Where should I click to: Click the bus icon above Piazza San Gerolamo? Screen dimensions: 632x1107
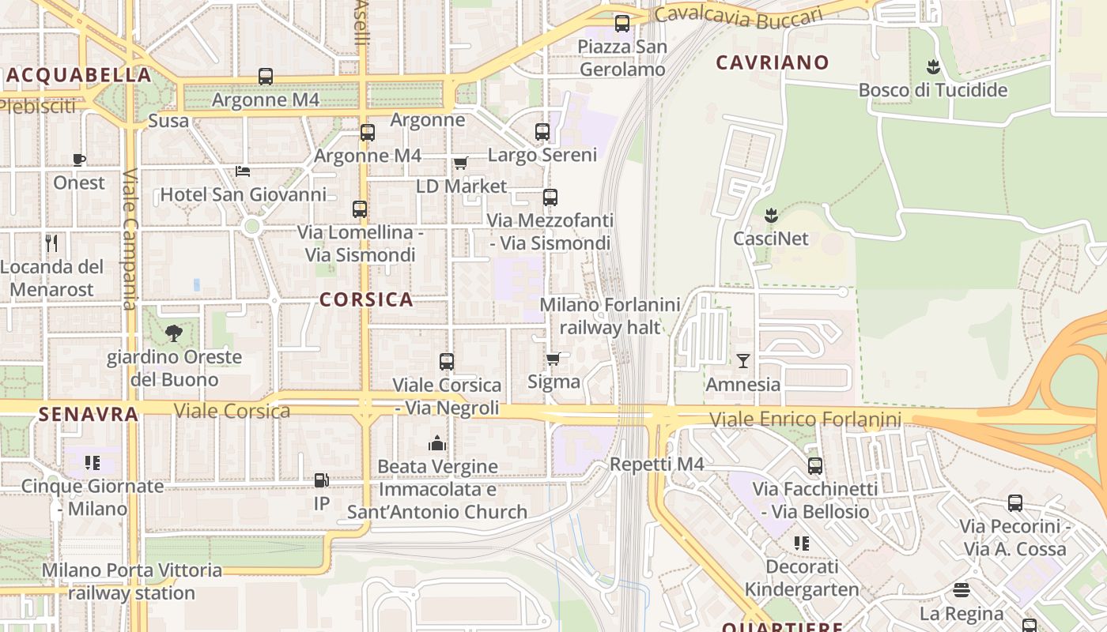click(x=622, y=24)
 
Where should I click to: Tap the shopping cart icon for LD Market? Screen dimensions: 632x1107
click(x=460, y=163)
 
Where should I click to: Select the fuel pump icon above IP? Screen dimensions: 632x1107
click(x=322, y=480)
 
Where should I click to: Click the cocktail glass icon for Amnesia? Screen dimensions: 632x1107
click(x=742, y=361)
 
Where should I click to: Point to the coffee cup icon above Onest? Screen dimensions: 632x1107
click(x=79, y=160)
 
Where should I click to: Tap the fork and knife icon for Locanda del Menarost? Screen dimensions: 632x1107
click(x=52, y=243)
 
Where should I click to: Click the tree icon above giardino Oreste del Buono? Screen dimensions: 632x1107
click(x=174, y=333)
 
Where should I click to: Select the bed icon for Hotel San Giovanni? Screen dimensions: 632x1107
click(x=243, y=171)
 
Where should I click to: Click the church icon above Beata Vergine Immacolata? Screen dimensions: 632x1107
click(x=436, y=443)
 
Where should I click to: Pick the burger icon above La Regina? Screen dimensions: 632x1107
click(x=962, y=590)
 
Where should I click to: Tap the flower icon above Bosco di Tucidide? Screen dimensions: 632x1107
click(x=933, y=66)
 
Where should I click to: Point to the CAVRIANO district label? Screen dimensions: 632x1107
click(x=772, y=62)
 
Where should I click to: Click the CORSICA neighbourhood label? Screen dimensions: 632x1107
click(x=366, y=299)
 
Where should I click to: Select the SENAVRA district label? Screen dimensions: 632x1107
click(x=88, y=413)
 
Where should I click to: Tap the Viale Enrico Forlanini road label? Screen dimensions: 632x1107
click(x=805, y=419)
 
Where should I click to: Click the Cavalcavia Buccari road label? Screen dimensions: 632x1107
click(x=739, y=16)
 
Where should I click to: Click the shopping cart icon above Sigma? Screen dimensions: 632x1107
click(x=553, y=359)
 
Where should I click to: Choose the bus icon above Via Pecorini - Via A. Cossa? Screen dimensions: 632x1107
click(x=1015, y=503)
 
